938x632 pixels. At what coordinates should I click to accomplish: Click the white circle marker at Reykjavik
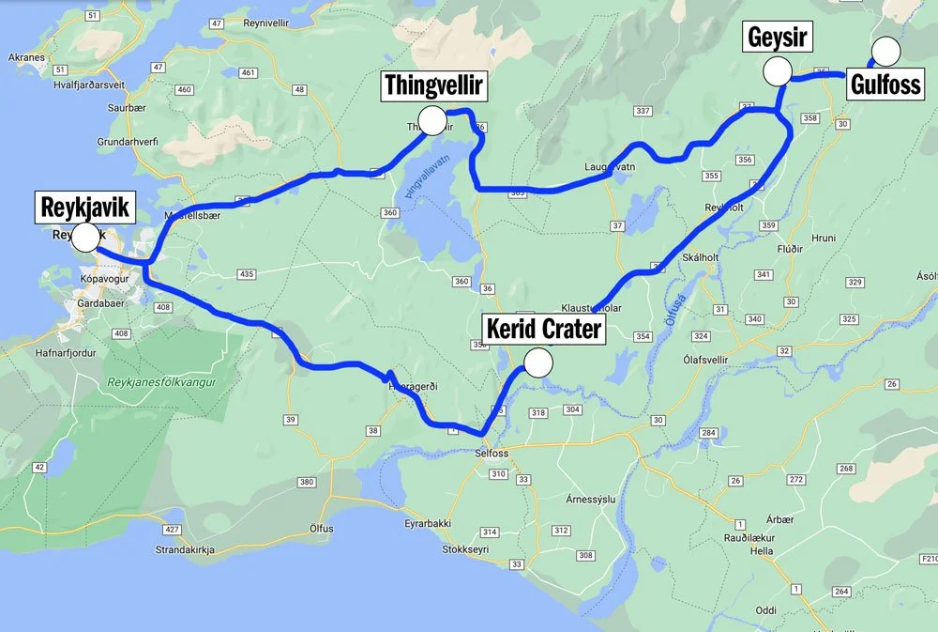pos(85,237)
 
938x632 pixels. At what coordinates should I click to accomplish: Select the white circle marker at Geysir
pos(777,70)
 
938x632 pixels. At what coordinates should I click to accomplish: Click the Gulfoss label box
pos(885,85)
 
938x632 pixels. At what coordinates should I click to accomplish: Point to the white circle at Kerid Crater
pos(537,363)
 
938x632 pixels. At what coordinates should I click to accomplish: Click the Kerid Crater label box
pos(543,330)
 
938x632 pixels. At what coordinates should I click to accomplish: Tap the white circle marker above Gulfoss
pos(885,50)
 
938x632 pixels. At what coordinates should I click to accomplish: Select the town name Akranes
pos(26,57)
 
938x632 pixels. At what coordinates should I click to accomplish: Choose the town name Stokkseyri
pos(466,548)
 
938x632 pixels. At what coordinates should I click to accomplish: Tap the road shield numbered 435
pos(247,274)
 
